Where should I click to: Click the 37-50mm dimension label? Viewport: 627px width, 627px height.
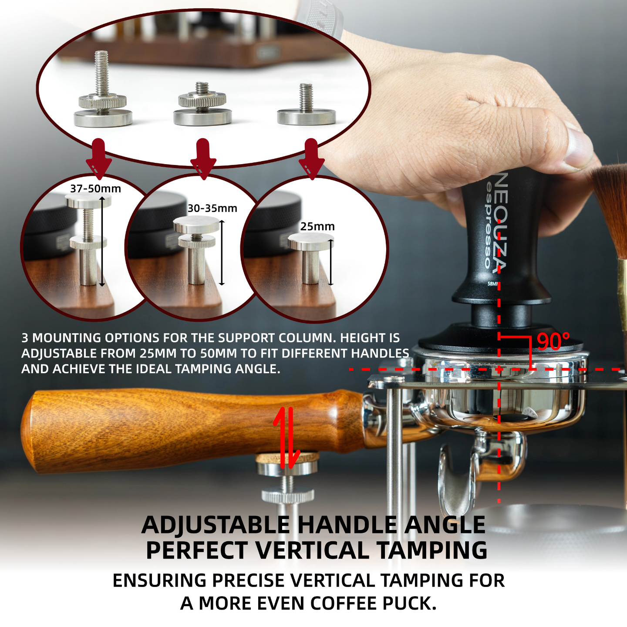tap(95, 189)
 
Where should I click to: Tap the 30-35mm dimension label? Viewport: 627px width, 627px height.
tap(212, 209)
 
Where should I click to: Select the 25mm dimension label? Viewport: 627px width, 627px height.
tap(317, 226)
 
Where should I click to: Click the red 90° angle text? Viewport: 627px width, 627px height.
tap(553, 342)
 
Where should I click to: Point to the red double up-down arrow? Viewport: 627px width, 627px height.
tap(286, 437)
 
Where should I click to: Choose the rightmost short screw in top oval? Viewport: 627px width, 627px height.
tap(307, 107)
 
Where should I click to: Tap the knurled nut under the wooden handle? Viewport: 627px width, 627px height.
tap(287, 496)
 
